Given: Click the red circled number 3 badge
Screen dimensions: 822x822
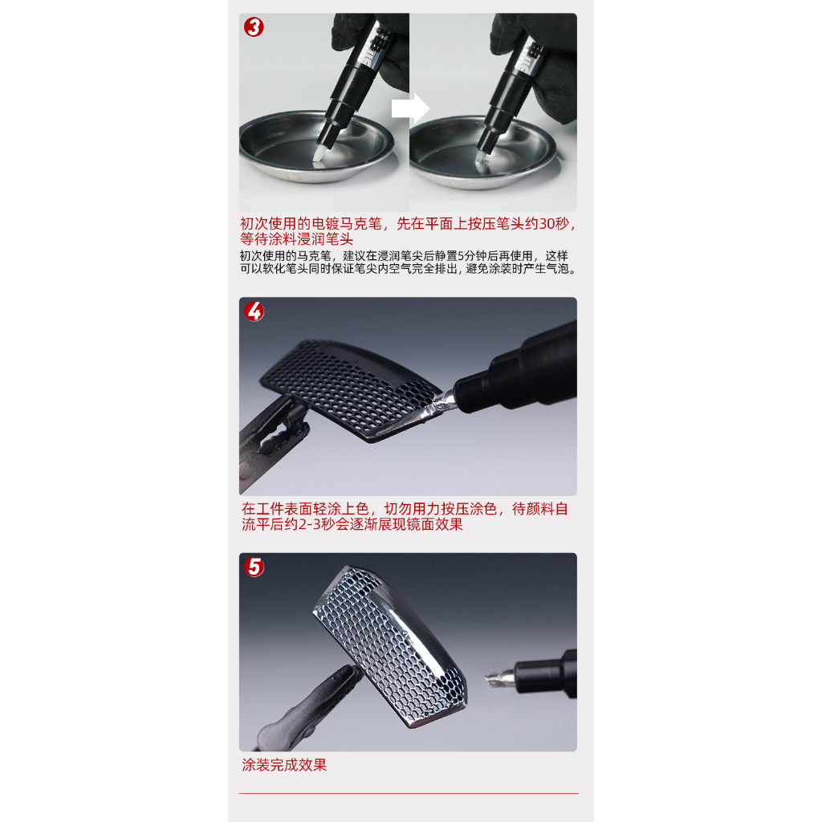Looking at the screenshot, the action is coord(254,27).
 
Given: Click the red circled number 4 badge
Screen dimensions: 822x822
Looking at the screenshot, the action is coord(254,311).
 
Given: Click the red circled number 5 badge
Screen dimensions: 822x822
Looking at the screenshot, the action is coord(254,567).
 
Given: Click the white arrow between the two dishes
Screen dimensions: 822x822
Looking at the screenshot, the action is coord(410,108).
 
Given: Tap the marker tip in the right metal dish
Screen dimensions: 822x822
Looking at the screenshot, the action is coord(482,158).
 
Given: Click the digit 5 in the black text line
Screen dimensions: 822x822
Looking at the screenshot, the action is coord(461,256).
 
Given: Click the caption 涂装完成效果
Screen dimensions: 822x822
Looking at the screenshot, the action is coord(284,765).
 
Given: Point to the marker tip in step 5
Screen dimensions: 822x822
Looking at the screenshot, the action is coord(498,678).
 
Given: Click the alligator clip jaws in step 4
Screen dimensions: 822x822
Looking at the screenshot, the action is coord(280,425).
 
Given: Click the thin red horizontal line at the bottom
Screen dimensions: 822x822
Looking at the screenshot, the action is coord(409,793).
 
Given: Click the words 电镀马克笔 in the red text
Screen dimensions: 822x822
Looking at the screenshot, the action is coord(347,224).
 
